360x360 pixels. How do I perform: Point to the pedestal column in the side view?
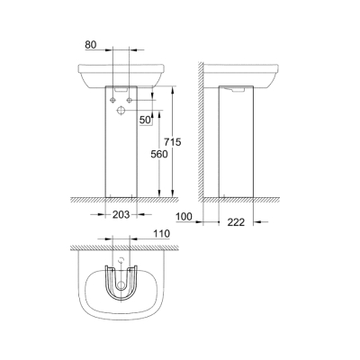pyautogui.click(x=238, y=144)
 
